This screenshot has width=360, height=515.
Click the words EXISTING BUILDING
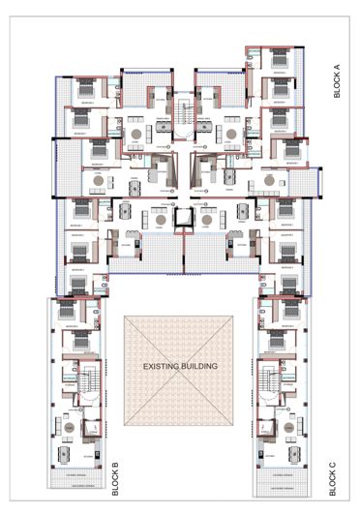pos(181,367)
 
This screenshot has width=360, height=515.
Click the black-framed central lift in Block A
pos(180,220)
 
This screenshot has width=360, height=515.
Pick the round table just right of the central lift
pos(205,220)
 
